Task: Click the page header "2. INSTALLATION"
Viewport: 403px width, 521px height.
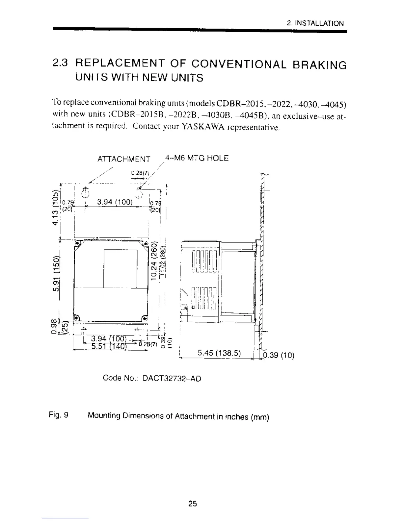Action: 315,23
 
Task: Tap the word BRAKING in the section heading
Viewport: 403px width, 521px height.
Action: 319,64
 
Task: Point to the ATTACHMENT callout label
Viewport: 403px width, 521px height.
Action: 124,159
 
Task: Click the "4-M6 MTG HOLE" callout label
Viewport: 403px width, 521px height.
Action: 197,158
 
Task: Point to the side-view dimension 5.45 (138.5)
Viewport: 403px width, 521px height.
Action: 219,353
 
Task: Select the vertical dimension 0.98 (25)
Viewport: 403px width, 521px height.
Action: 60,327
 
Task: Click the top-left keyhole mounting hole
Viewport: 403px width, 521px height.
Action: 85,191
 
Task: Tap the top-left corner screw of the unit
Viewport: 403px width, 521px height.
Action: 77,244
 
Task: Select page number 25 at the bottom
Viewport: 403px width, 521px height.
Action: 193,503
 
